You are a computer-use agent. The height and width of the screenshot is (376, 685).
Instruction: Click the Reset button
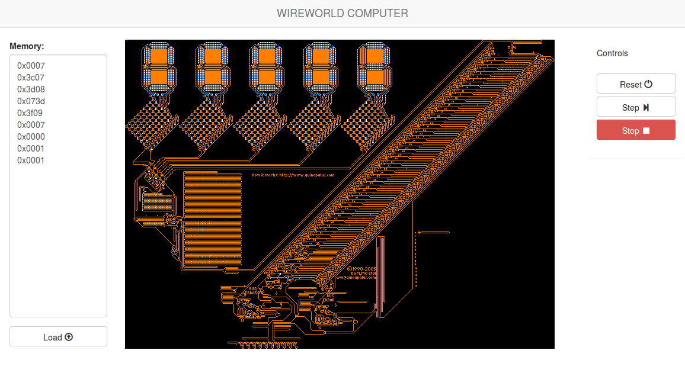(x=635, y=84)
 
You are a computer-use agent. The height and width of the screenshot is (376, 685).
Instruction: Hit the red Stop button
(x=635, y=131)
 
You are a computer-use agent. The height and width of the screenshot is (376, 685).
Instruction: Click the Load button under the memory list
(x=58, y=337)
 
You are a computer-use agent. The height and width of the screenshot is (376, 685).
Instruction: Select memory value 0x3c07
(x=31, y=78)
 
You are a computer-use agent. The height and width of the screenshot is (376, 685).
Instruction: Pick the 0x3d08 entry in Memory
(x=31, y=89)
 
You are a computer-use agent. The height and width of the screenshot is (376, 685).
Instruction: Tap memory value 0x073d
(x=31, y=101)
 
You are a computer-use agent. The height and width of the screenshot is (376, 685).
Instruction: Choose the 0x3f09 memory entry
(x=31, y=113)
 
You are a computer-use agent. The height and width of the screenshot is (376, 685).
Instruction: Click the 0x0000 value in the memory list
(x=31, y=137)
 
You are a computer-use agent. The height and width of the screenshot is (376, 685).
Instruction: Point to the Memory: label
(x=27, y=46)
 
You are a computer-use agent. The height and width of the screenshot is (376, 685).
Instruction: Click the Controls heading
(x=612, y=53)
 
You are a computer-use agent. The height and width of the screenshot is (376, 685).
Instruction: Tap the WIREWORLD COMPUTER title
(x=342, y=13)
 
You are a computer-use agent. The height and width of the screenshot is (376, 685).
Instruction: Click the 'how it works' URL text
(x=293, y=175)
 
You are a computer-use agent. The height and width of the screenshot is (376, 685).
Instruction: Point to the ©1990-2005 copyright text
(x=361, y=268)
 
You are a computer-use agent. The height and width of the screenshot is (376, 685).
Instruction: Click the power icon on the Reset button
(x=648, y=84)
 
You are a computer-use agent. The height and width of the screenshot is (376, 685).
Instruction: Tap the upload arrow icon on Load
(x=69, y=337)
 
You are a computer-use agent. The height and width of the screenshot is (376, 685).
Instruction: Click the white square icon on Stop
(x=646, y=131)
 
